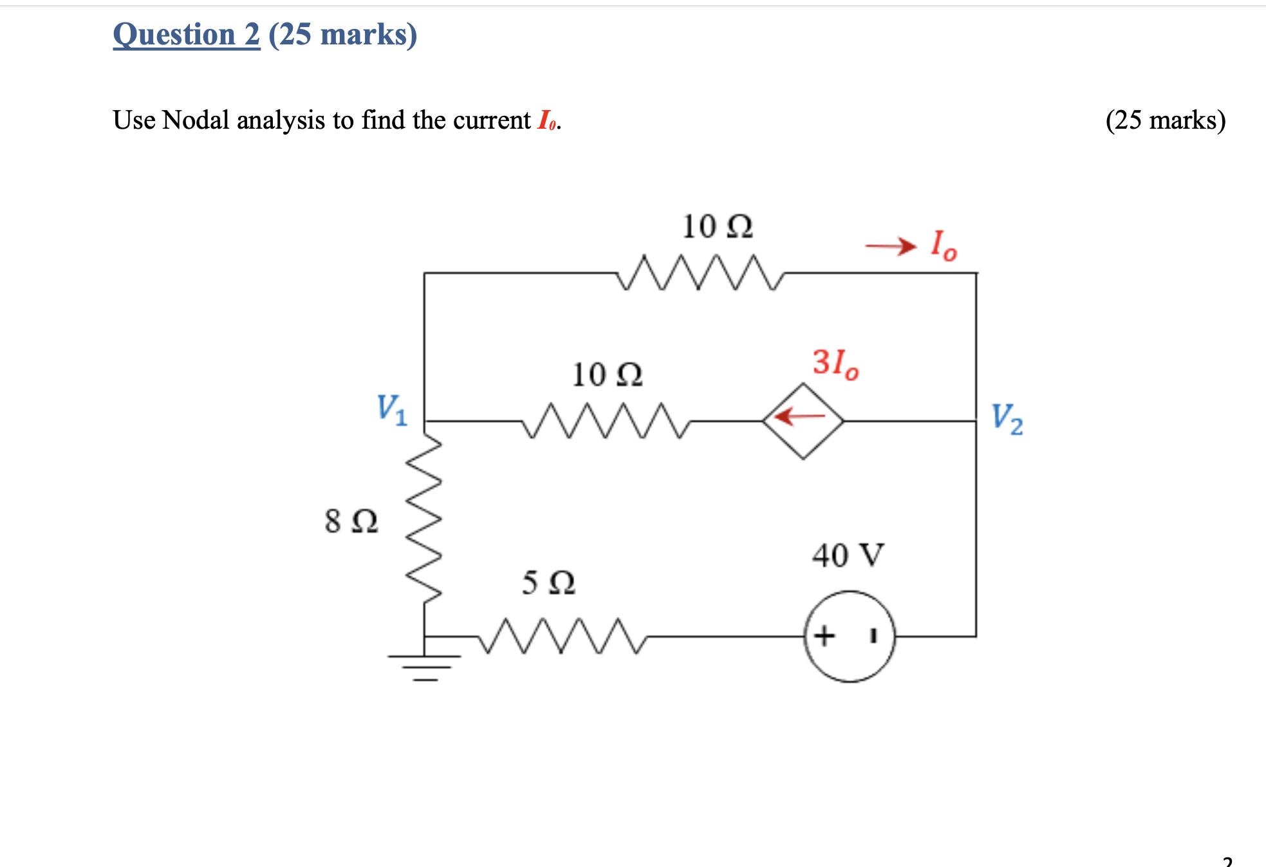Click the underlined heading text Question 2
187,35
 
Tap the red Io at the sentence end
547,120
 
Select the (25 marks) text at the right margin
1165,120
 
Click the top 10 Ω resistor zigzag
700,273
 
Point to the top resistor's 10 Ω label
717,227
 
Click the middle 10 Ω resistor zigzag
605,421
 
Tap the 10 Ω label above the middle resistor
607,375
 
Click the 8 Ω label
351,521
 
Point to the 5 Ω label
548,583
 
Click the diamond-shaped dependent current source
803,421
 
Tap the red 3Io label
835,364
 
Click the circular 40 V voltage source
849,636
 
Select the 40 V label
848,555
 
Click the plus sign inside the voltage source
824,636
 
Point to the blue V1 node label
392,409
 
